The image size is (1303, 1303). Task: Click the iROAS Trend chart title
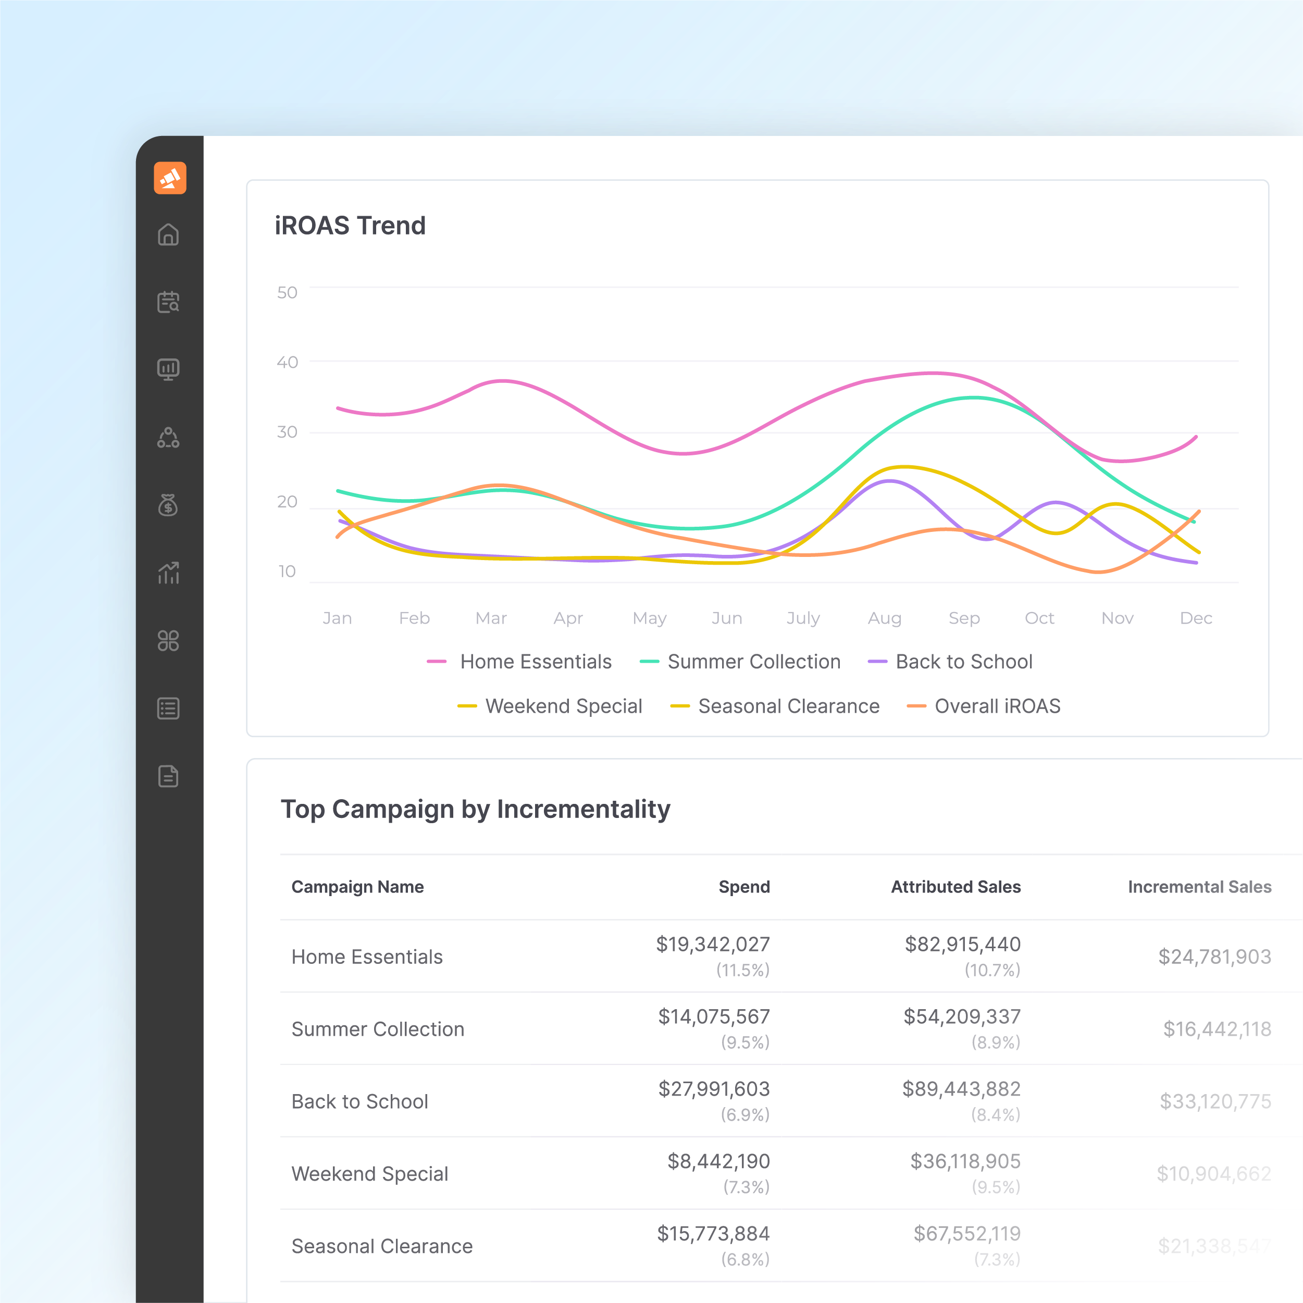[350, 225]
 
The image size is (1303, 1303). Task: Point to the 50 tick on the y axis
[287, 293]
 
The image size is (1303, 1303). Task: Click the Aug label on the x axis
[884, 618]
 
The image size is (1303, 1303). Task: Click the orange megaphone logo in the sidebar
[170, 178]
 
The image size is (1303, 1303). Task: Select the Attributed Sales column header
[955, 887]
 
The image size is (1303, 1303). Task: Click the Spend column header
[744, 887]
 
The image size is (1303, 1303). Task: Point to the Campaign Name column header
[357, 887]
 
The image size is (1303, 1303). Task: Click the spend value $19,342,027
[713, 944]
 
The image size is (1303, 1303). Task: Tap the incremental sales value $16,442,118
[1217, 1029]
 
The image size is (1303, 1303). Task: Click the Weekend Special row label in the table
[369, 1174]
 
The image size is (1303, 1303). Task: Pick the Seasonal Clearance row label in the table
[382, 1246]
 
